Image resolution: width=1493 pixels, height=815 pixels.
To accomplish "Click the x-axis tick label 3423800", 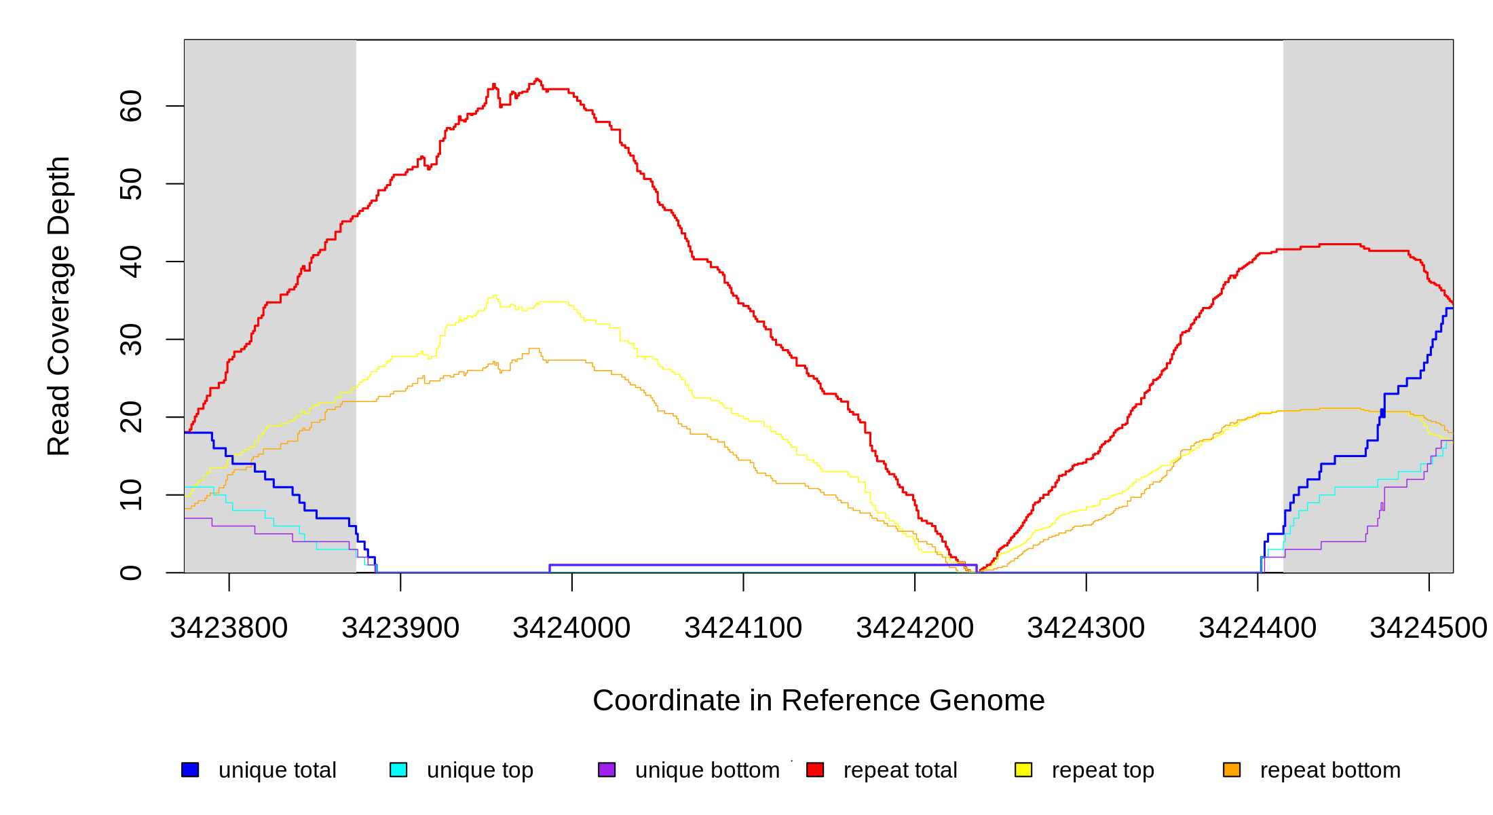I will point(229,628).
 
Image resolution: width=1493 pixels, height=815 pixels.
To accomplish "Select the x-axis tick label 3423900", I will point(400,628).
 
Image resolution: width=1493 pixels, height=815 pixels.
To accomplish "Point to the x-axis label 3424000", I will point(571,628).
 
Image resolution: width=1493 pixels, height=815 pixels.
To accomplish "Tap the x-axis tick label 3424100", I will point(743,628).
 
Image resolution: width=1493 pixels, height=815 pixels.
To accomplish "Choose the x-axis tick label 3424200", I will point(915,628).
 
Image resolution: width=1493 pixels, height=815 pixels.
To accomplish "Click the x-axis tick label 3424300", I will point(1086,628).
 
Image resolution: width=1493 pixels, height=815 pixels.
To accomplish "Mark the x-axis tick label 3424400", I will point(1258,628).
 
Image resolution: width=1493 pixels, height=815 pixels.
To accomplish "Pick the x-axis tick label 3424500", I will point(1429,628).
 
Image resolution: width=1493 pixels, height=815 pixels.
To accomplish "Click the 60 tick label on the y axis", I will point(131,106).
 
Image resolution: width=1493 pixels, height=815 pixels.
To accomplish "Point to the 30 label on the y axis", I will point(131,340).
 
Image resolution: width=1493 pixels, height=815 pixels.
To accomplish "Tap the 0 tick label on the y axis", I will point(131,573).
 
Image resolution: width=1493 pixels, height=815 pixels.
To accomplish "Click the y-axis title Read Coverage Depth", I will point(59,306).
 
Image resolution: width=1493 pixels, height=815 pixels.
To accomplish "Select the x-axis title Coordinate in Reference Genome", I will point(818,700).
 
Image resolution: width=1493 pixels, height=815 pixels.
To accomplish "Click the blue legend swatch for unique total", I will point(190,769).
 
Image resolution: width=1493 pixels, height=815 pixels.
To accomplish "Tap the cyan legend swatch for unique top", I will point(398,769).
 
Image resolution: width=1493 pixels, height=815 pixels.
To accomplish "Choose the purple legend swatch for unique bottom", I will point(607,769).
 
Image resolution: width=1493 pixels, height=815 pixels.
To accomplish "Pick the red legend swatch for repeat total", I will point(815,769).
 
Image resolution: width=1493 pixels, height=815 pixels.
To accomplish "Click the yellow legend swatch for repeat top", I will point(1023,769).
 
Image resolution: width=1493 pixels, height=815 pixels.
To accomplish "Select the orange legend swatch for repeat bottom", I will point(1232,769).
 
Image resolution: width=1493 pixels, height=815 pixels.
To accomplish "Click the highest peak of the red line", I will point(537,79).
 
